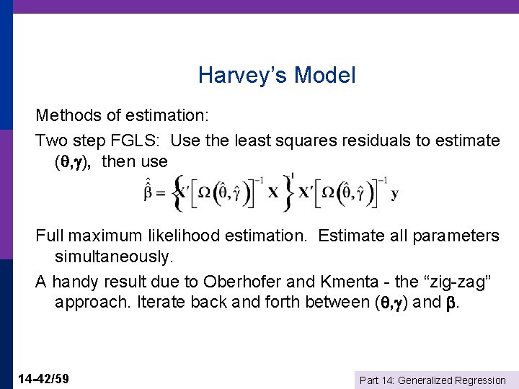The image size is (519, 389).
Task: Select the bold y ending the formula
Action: [x=394, y=194]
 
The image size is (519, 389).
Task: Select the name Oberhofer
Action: [x=242, y=280]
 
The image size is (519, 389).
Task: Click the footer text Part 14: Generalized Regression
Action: [x=432, y=380]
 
